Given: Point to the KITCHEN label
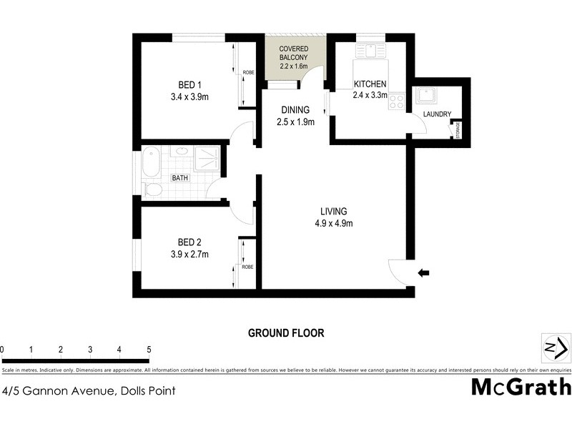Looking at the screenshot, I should point(370,84).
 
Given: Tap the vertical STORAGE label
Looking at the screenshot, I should point(458,129).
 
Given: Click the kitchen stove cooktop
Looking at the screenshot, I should point(395,102).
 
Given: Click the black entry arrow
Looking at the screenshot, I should point(424,272).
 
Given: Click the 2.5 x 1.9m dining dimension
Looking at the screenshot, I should point(295,122).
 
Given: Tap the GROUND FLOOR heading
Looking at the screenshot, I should point(286,332).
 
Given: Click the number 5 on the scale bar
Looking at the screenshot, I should point(149,350).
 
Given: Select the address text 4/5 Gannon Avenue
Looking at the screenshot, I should point(89,390).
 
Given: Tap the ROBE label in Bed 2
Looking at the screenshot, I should point(248,267).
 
